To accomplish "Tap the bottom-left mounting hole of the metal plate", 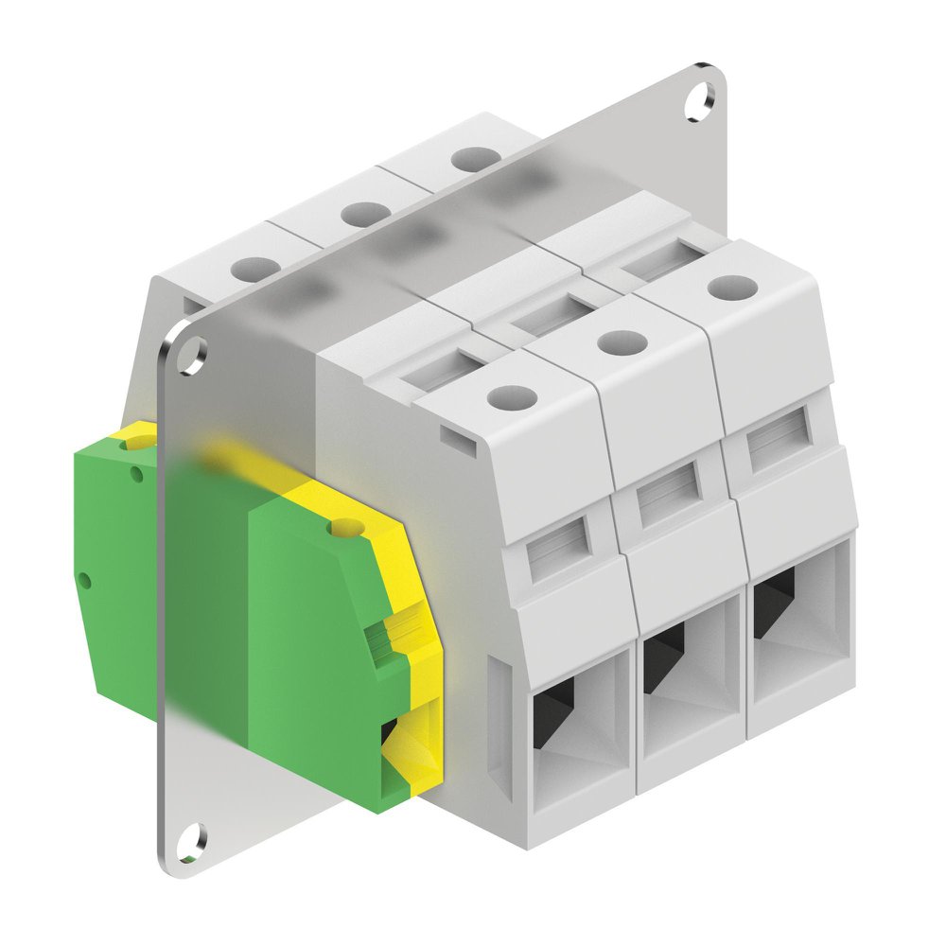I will pyautogui.click(x=192, y=835).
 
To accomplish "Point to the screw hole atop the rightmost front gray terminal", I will pyautogui.click(x=728, y=286).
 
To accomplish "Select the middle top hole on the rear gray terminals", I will pyautogui.click(x=360, y=214).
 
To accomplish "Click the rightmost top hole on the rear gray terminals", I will pyautogui.click(x=469, y=157).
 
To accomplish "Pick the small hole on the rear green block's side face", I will pyautogui.click(x=84, y=576).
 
